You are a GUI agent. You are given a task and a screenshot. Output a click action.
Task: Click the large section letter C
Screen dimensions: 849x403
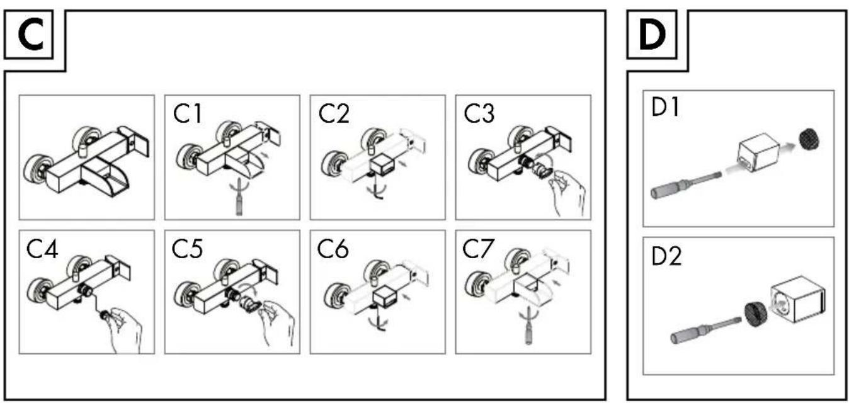(31, 35)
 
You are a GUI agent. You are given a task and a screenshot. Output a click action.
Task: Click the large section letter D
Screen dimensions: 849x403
(652, 35)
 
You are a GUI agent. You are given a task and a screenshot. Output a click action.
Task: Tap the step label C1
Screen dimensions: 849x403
(188, 113)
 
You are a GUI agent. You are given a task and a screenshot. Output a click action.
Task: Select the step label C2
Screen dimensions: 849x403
(334, 113)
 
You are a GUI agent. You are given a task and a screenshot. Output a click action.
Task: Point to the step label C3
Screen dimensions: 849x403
(479, 113)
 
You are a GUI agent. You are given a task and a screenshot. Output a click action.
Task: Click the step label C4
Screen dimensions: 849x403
(42, 249)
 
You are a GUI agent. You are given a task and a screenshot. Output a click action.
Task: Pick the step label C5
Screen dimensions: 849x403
(187, 249)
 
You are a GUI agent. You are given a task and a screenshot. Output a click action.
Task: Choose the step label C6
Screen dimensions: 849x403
(333, 249)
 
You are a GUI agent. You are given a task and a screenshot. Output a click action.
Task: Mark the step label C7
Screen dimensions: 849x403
(478, 249)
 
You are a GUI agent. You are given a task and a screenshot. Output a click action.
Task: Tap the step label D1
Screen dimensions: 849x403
(666, 107)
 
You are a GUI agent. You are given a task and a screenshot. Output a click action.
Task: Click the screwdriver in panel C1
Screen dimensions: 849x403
(239, 198)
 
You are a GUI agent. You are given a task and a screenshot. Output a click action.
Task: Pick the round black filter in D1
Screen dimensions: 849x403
(809, 139)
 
